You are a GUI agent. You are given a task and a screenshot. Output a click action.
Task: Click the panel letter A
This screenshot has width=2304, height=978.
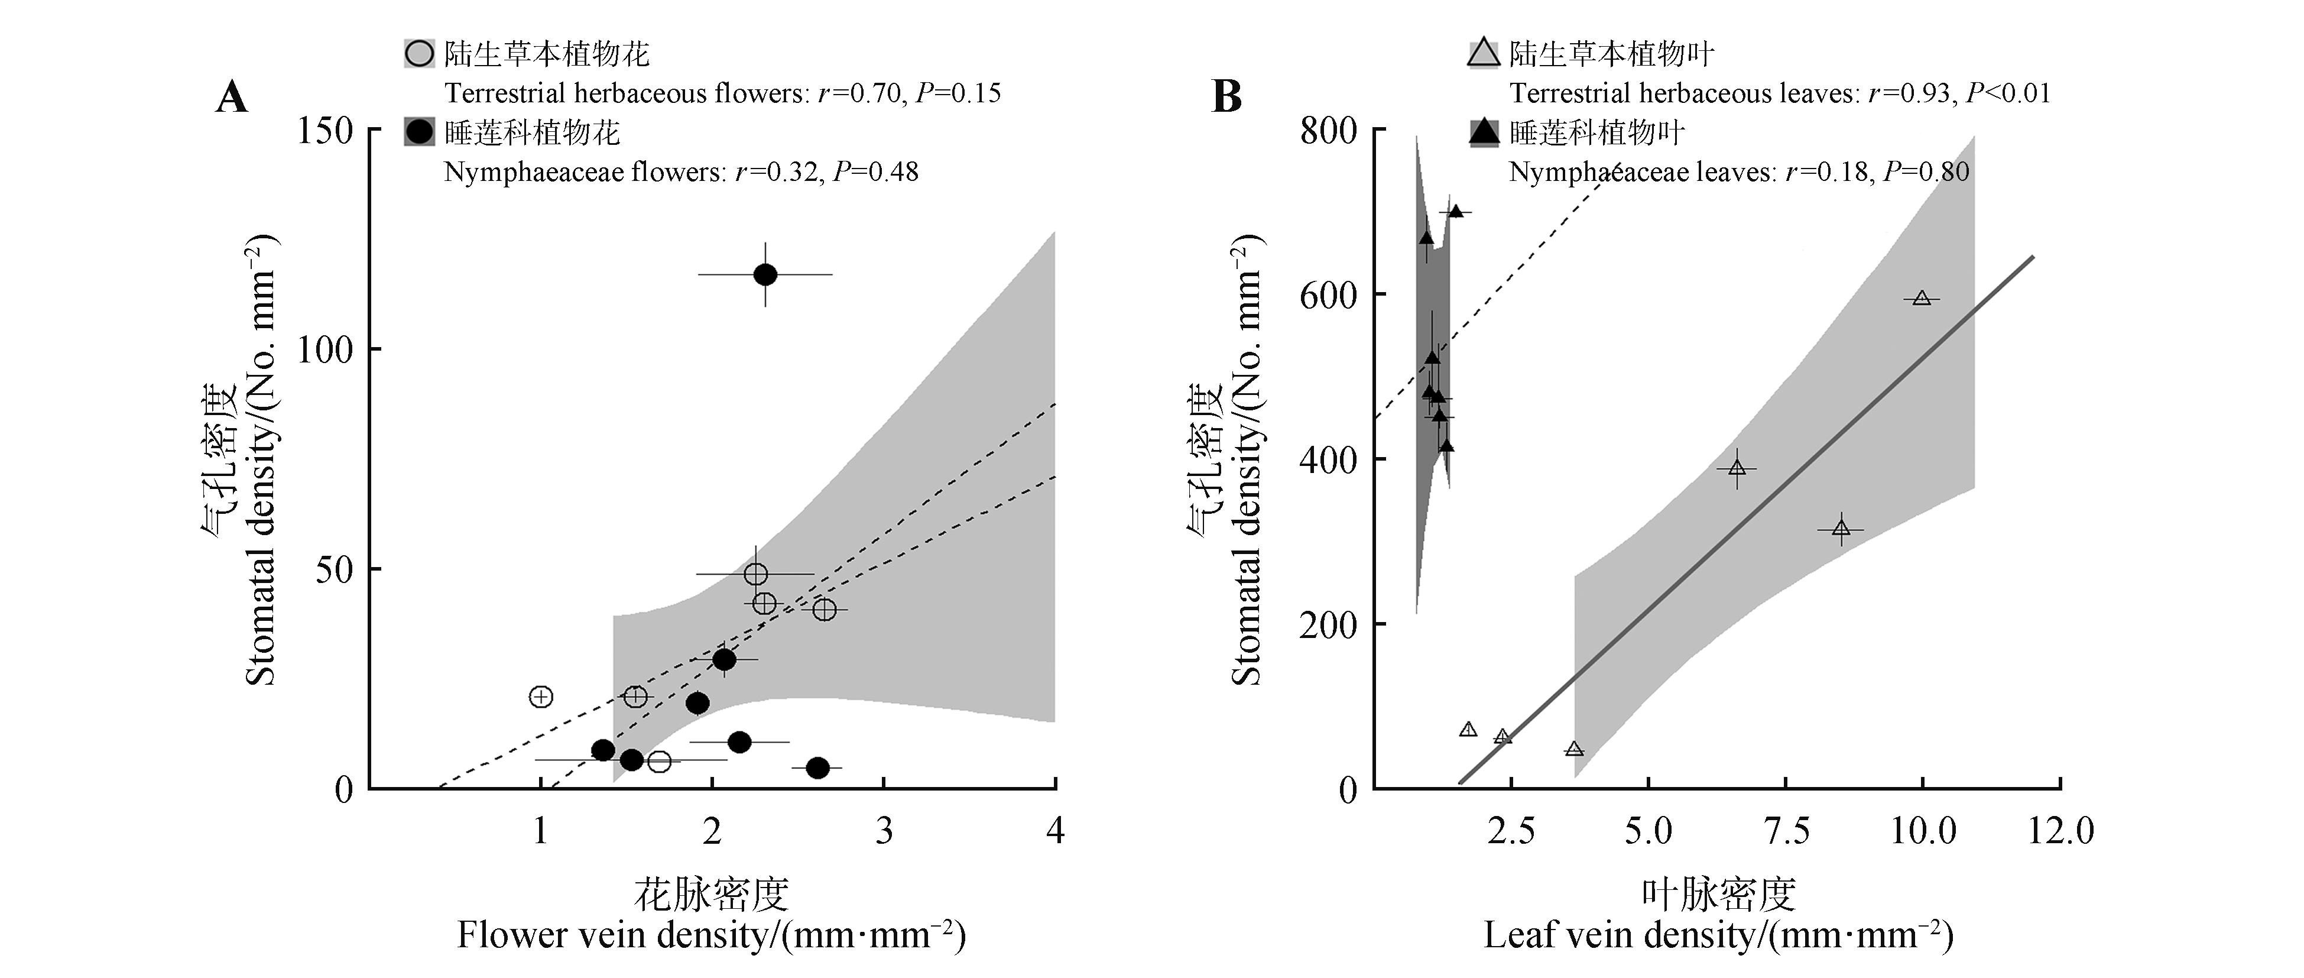coord(232,96)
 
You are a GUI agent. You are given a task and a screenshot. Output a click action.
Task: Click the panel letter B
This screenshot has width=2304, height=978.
coord(1226,96)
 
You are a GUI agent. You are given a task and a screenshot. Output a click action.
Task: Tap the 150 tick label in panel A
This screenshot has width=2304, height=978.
coord(326,131)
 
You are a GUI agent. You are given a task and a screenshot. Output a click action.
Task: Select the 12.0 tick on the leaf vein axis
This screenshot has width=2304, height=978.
coord(2060,831)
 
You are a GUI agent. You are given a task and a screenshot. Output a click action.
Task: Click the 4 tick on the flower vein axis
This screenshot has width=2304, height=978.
coord(1056,831)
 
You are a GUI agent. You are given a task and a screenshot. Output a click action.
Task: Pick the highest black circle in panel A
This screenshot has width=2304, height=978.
coord(765,275)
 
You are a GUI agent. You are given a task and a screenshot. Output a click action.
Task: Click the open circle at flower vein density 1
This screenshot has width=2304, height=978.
coord(541,696)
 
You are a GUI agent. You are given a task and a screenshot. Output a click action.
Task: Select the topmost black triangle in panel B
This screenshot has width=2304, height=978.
coord(1455,211)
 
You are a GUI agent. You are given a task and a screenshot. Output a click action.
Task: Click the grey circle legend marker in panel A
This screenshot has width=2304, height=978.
coord(420,54)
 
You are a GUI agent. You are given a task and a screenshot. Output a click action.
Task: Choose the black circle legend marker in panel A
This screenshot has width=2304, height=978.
coord(420,132)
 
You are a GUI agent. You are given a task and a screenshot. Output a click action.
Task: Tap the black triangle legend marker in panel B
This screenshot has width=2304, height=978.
coord(1484,132)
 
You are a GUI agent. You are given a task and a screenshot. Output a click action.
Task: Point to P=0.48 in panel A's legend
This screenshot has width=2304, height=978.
coord(875,172)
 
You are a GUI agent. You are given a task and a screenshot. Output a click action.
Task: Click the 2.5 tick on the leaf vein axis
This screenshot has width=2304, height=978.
coord(1511,831)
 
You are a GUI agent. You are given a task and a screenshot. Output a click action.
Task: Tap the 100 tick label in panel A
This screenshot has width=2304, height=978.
coord(326,350)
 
